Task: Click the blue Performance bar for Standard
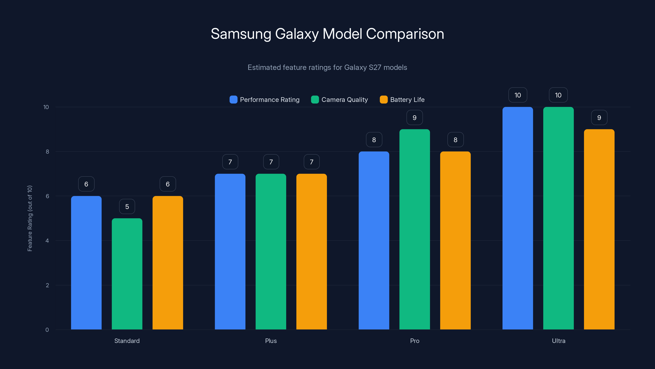pos(86,262)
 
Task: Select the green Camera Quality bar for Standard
pos(127,274)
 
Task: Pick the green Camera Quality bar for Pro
pos(414,229)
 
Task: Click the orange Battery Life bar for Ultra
pos(599,229)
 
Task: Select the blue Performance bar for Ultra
pos(517,218)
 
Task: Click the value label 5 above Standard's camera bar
pos(127,206)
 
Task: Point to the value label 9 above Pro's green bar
pos(414,118)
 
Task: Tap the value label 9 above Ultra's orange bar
pos(599,118)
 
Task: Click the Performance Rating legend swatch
pos(233,100)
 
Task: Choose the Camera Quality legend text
pos(344,100)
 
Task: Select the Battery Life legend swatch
pos(383,100)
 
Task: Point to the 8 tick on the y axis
pos(47,151)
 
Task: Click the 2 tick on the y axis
pos(47,285)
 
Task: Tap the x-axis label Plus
pos(271,341)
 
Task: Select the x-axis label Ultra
pos(558,341)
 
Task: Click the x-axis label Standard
pos(127,341)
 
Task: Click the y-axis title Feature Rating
pos(30,218)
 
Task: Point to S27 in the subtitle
pos(375,67)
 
